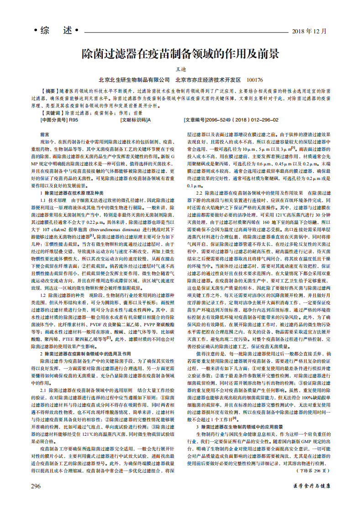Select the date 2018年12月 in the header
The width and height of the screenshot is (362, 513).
coord(309,32)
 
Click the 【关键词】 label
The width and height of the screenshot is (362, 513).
coord(50,112)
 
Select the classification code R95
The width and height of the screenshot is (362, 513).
coord(73,120)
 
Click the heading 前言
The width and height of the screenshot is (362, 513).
coord(45,135)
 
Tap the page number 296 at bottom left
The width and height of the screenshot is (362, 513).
coord(36,486)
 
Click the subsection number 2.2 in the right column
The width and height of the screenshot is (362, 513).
coord(199,193)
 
